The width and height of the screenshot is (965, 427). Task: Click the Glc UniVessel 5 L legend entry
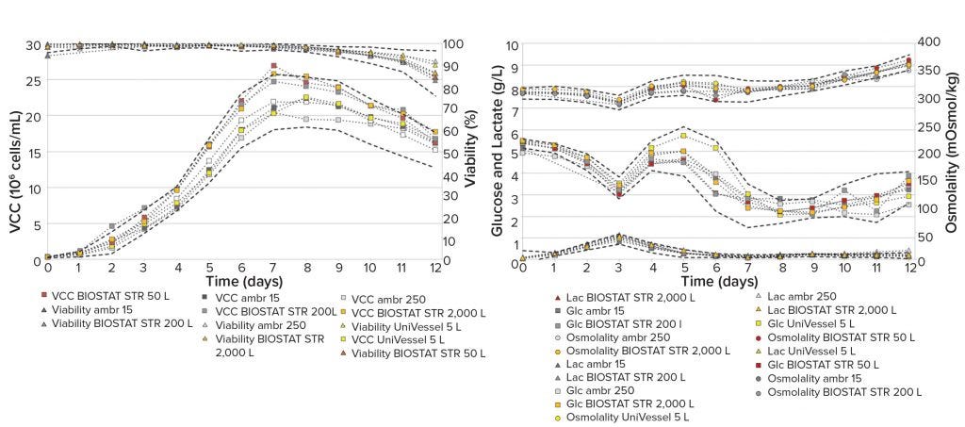826,323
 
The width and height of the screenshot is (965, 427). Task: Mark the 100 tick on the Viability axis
451,44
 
